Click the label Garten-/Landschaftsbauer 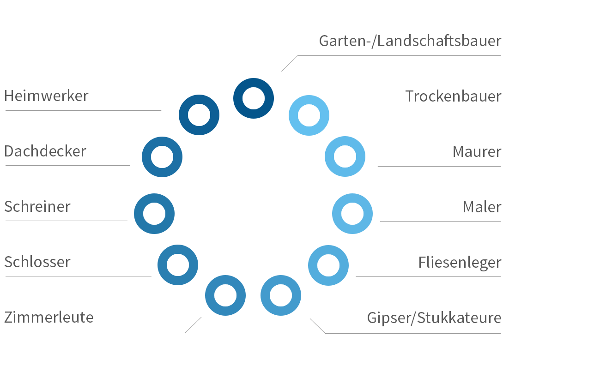(x=410, y=41)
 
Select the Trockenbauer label (x=453, y=96)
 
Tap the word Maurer (x=477, y=152)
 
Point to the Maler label (x=482, y=207)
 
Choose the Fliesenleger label (x=459, y=262)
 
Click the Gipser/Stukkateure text (x=434, y=318)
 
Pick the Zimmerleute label (x=49, y=318)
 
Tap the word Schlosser (x=37, y=262)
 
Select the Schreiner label (x=37, y=207)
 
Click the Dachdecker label (x=45, y=151)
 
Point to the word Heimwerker (x=46, y=96)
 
